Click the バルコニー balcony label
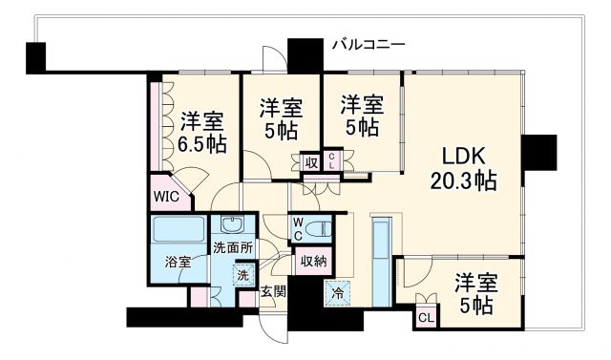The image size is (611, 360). click(x=369, y=44)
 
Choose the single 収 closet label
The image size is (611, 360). click(x=311, y=162)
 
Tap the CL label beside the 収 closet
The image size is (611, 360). click(x=331, y=161)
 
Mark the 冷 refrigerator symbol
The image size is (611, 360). click(x=338, y=292)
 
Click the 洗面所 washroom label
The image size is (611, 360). click(x=232, y=247)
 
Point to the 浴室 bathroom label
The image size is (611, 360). click(x=177, y=261)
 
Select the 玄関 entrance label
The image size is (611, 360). click(x=274, y=291)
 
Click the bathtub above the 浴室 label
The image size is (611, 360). click(x=176, y=231)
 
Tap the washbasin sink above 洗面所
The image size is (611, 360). click(x=232, y=225)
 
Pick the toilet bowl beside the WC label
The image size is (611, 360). click(x=322, y=229)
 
